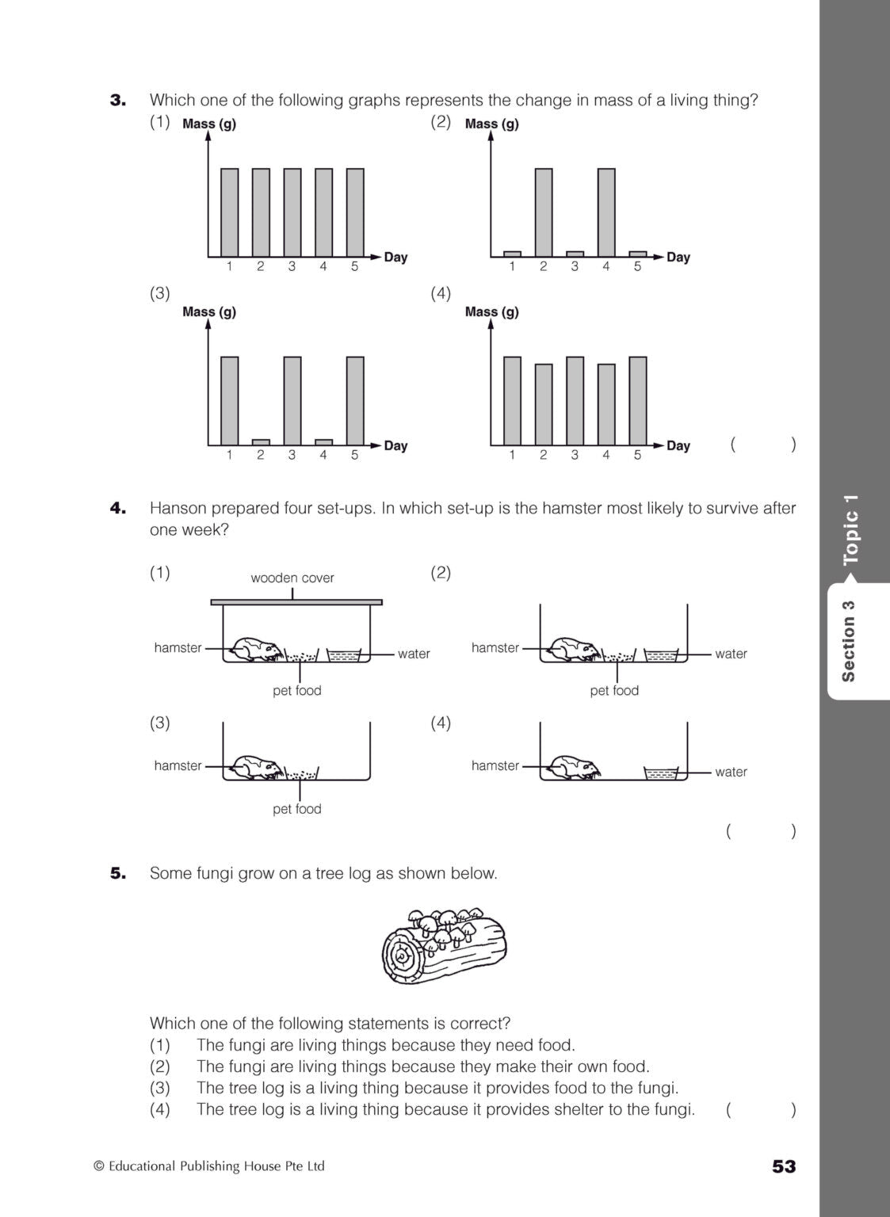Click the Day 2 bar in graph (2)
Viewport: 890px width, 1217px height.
(543, 212)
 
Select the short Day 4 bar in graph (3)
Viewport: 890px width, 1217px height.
(323, 442)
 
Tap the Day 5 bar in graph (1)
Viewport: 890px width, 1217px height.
(355, 212)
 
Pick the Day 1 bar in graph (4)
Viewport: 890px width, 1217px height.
(512, 401)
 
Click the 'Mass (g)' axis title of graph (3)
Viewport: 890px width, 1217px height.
(209, 311)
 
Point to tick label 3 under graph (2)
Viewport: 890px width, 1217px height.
(575, 267)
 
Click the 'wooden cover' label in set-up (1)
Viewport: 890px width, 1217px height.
(292, 578)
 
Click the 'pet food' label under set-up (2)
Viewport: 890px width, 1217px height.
(614, 690)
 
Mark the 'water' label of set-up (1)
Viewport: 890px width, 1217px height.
(414, 654)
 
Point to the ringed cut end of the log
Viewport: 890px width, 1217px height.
(404, 958)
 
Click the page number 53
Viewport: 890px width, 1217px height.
(783, 1166)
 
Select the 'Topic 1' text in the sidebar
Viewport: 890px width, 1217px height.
(851, 528)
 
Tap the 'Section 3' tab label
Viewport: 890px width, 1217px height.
(849, 641)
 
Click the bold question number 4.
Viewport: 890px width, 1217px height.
(118, 508)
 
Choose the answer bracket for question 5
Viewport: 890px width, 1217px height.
(760, 1109)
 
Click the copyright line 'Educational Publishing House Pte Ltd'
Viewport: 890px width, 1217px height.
(216, 1166)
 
